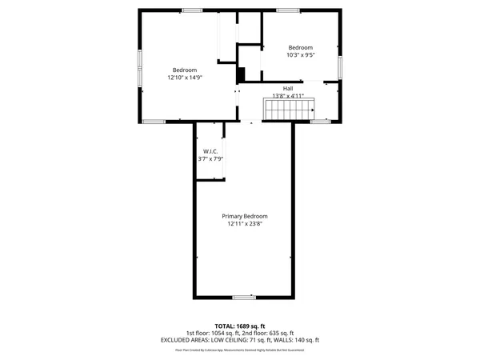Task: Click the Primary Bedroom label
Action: tap(244, 217)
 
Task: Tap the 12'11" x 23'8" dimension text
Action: tap(244, 225)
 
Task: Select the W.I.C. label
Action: tap(210, 151)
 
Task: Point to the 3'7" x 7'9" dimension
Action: tap(210, 159)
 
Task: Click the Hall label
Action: tap(287, 88)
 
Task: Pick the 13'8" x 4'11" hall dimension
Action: tap(287, 96)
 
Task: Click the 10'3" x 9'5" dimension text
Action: tap(301, 55)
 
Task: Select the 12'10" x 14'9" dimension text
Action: tap(185, 78)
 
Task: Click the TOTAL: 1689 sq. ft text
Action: tap(240, 326)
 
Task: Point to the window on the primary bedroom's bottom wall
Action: tap(244, 298)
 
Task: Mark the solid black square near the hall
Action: tap(240, 74)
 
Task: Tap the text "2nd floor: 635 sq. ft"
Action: tap(270, 333)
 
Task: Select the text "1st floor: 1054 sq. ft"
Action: tap(213, 333)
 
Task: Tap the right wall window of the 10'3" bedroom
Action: tap(341, 66)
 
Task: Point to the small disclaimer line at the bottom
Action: tap(240, 350)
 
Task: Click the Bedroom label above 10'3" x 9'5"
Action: tap(301, 47)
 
